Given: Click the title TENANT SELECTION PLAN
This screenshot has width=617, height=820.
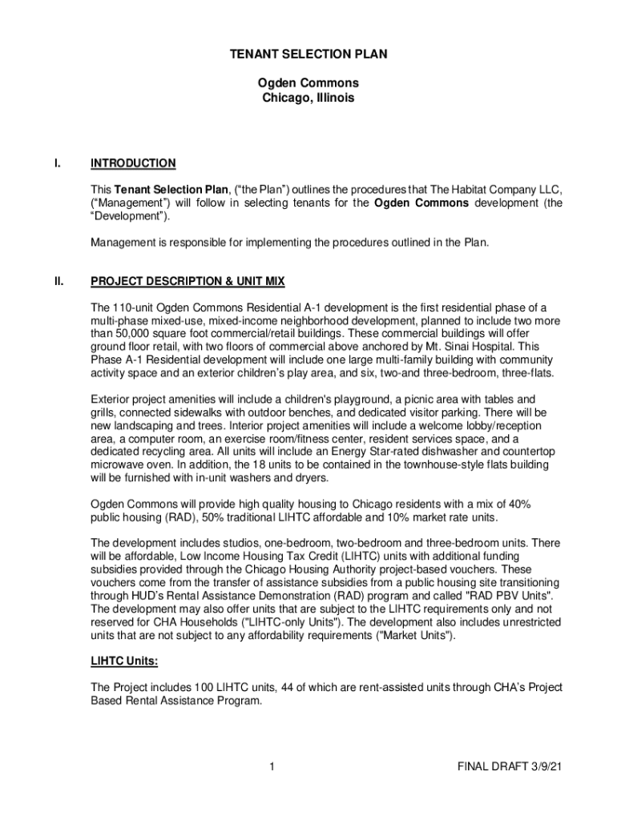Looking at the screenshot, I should (x=308, y=54).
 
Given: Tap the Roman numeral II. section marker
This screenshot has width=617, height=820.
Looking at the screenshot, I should (x=59, y=282).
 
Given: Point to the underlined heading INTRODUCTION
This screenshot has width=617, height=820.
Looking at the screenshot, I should (x=133, y=163).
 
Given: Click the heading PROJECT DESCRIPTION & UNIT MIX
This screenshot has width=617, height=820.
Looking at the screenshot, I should (x=188, y=282).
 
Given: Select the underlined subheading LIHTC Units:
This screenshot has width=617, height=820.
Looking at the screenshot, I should (x=124, y=662).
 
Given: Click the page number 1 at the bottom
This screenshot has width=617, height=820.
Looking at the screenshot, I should (x=273, y=767).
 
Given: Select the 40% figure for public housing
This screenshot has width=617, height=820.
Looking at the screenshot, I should (x=515, y=504).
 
